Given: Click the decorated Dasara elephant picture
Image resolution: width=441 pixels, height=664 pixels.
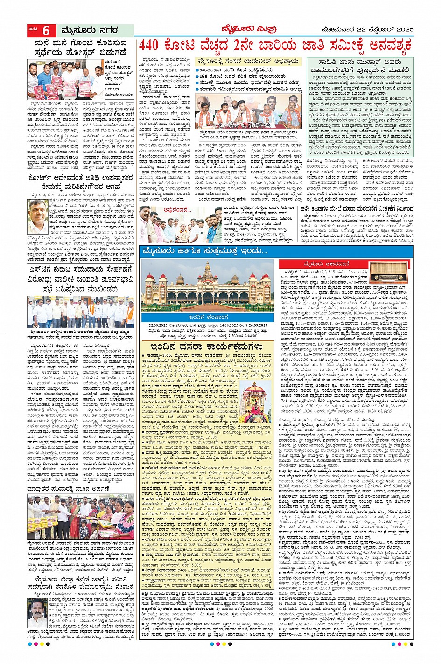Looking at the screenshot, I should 256,401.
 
